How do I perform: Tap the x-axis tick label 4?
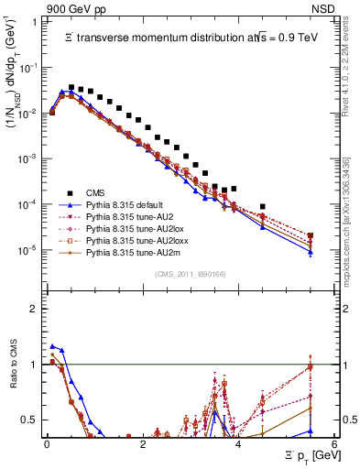tap(238, 444)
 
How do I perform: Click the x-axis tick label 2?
tap(142, 444)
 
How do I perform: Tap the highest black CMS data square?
tap(71, 87)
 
